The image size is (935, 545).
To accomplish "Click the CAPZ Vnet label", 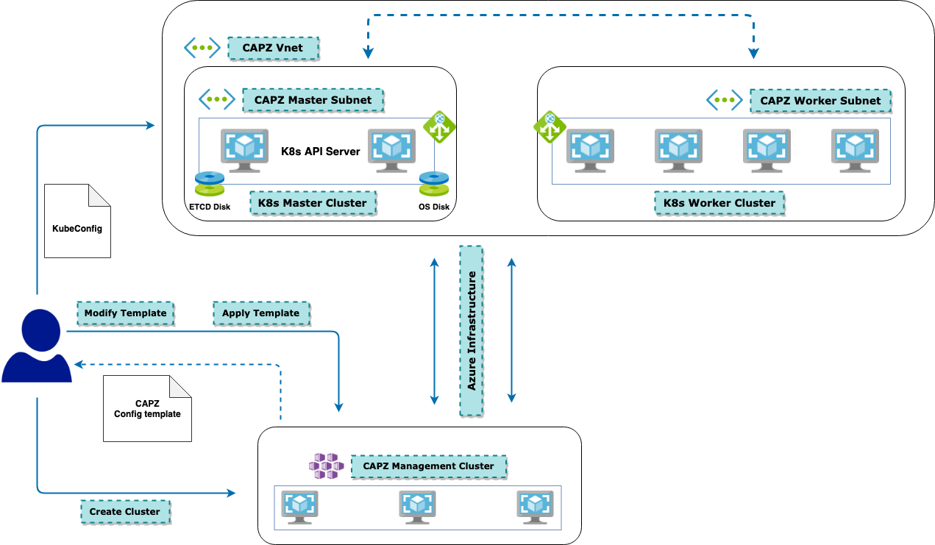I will point(274,49).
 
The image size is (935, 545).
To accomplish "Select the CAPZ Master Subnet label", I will point(313,100).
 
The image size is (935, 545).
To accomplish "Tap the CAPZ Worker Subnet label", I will point(820,101).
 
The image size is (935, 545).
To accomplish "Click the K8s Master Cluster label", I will point(313,203).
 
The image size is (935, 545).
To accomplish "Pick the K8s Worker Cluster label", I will point(719,203).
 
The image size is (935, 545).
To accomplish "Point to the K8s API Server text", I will point(321,152).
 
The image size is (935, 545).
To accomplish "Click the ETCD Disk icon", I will point(210,184).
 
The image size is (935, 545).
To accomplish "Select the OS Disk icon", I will point(434,184).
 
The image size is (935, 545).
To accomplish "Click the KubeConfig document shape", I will point(77,221).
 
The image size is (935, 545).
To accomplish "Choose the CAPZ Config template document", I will point(147,408).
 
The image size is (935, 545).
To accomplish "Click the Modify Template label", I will point(126,313).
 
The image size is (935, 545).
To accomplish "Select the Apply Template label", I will point(261,313).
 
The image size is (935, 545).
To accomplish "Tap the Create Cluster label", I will point(125,512).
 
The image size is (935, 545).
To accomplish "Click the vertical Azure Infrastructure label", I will point(472,330).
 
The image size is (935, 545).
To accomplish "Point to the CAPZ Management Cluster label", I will point(429,466).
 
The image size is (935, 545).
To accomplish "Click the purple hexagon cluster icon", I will point(326,466).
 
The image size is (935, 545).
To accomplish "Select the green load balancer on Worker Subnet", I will point(550,128).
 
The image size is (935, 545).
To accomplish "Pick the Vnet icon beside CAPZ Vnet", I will point(202,49).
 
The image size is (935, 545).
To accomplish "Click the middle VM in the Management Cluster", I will point(418,507).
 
